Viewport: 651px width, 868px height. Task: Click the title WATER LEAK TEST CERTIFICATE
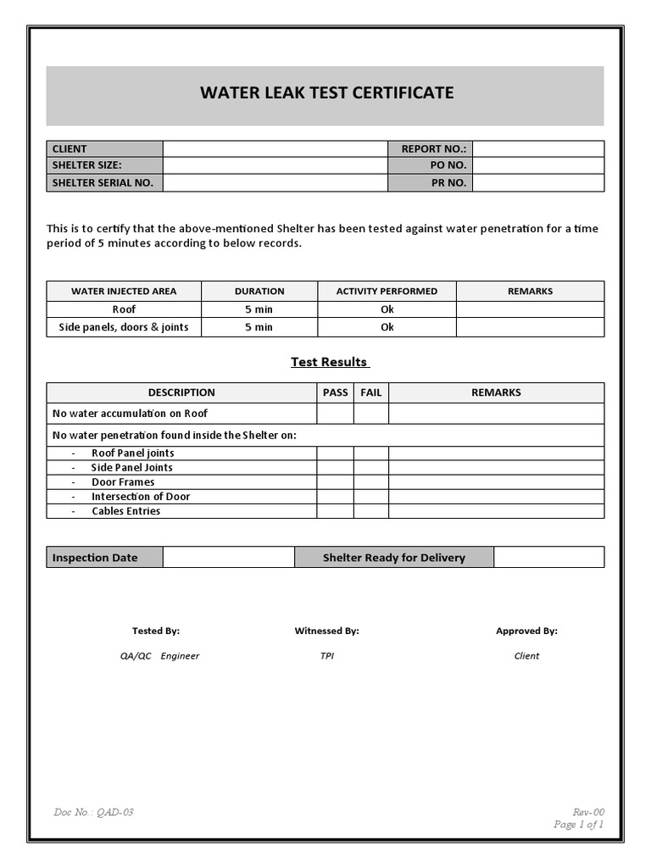point(326,92)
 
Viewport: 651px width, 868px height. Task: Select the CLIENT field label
point(70,148)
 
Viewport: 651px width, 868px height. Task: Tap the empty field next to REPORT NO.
point(538,148)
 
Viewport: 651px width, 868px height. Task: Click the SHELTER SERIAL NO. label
point(103,182)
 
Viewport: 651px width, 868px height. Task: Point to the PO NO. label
point(448,165)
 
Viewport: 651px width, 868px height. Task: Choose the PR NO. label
point(448,182)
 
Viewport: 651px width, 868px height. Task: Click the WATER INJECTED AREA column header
point(124,291)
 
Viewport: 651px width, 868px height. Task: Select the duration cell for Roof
point(259,309)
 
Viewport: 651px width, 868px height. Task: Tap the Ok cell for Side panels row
point(387,327)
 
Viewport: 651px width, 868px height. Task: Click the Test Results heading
point(329,362)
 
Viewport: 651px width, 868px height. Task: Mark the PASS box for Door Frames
point(335,482)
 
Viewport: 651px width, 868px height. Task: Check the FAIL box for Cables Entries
point(370,511)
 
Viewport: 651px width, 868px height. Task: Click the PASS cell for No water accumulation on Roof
point(335,414)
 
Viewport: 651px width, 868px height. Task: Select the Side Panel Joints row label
point(131,467)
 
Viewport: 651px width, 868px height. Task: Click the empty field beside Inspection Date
point(229,557)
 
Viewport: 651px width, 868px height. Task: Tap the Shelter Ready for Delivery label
point(393,557)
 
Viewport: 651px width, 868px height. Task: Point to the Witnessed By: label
point(326,631)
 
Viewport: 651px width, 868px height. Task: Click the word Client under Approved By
point(526,655)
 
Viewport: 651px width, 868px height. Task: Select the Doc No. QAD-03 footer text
point(93,812)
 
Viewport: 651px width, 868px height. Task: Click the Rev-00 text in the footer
point(588,812)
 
